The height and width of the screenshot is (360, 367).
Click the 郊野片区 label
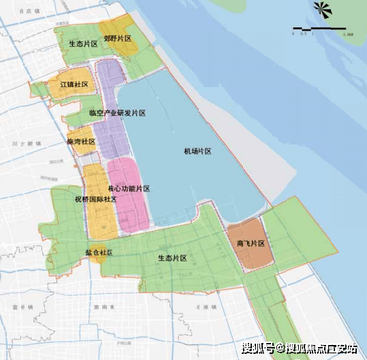[x=118, y=39]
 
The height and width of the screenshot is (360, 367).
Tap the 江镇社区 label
[x=75, y=84]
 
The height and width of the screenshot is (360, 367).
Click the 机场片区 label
[x=198, y=150]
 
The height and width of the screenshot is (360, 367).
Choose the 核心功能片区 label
[x=129, y=189]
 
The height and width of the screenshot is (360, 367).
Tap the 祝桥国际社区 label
[x=95, y=199]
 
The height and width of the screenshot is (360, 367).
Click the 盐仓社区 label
[x=99, y=252]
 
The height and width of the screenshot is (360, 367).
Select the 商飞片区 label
[x=251, y=243]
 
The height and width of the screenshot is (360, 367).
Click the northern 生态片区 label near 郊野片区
[x=83, y=43]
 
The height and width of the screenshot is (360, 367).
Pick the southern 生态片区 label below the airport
[x=172, y=258]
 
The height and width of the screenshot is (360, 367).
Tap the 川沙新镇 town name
[x=32, y=144]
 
